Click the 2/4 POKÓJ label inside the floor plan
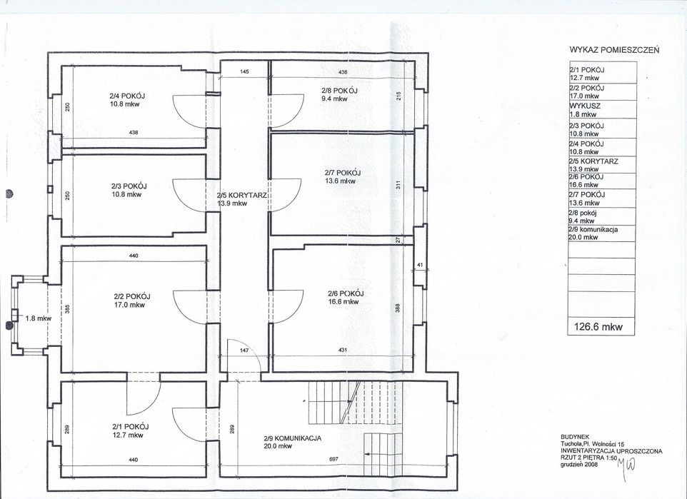coord(127,96)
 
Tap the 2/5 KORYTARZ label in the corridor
coord(242,196)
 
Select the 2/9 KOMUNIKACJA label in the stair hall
coord(293,438)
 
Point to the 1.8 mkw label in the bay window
coord(38,318)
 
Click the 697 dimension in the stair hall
coord(333,459)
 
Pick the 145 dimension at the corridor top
coord(244,71)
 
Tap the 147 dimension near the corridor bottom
coord(244,351)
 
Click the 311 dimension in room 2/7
coord(398,186)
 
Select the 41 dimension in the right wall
coord(420,265)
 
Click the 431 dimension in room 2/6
coord(343,350)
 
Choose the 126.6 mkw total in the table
coord(598,326)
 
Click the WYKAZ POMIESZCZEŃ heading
coord(614,50)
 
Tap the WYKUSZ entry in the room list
coord(584,106)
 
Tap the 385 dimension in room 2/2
coord(67,309)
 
